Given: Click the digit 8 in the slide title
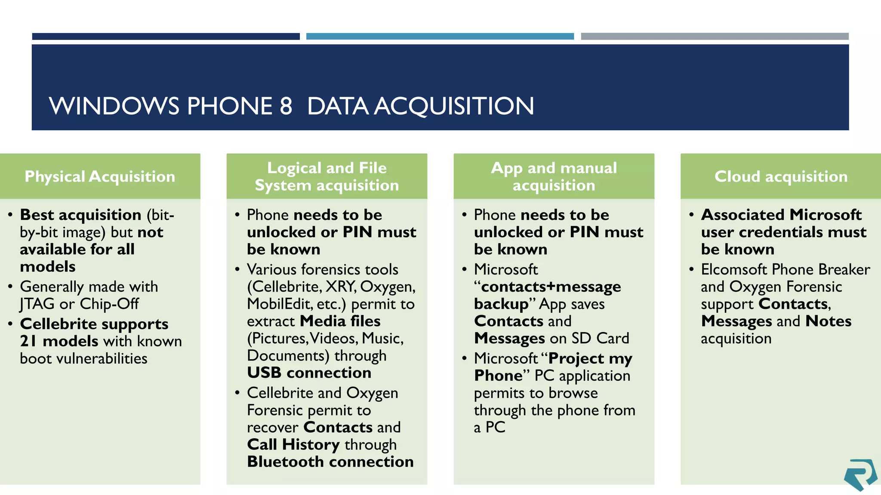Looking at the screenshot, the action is click(286, 106).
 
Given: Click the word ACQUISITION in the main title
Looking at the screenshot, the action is click(454, 106).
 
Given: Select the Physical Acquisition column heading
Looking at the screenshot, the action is click(100, 177).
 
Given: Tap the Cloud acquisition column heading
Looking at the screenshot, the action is click(781, 177).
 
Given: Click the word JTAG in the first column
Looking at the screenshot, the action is click(37, 304).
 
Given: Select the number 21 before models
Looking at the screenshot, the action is click(28, 341).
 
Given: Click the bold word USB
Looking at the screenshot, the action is click(264, 373).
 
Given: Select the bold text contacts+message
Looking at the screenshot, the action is click(551, 287).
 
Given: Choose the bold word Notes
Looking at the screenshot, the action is click(828, 321).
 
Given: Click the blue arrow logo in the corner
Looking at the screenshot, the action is click(860, 474).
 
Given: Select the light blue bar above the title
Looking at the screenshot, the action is click(440, 37).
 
